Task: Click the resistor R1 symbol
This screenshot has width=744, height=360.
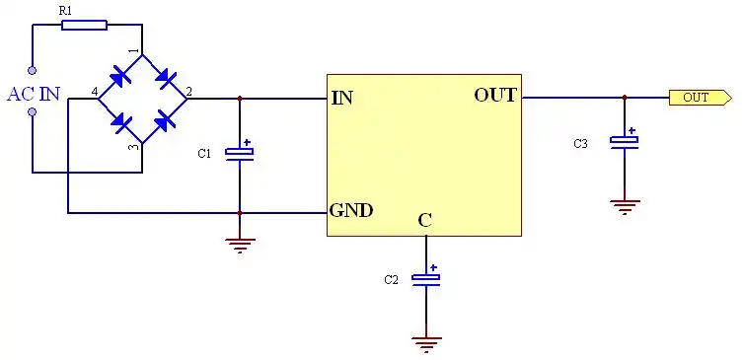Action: point(84,25)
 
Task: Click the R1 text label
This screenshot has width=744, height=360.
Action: point(65,10)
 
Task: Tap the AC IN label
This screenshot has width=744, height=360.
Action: point(33,95)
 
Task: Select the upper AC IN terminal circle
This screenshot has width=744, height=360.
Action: point(33,71)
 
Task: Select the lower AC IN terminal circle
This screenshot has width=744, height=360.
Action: point(33,112)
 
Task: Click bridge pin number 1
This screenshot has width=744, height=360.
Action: point(134,50)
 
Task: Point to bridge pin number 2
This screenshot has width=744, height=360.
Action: point(189,92)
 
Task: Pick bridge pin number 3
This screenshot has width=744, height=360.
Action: point(134,147)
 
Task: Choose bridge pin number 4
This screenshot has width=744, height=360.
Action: point(95,92)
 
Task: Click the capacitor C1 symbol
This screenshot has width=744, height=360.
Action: point(239,152)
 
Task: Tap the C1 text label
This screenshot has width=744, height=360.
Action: point(204,154)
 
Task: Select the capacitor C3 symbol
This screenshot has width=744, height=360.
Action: point(624,141)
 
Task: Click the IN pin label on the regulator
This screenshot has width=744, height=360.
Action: point(342,98)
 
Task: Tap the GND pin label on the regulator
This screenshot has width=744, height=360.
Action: point(350,210)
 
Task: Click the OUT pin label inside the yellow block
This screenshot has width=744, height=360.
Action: point(495,96)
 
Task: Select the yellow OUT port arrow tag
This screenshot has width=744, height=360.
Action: point(700,98)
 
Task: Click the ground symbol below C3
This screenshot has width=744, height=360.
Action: point(624,206)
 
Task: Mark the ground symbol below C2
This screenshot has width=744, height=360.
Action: point(426,343)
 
